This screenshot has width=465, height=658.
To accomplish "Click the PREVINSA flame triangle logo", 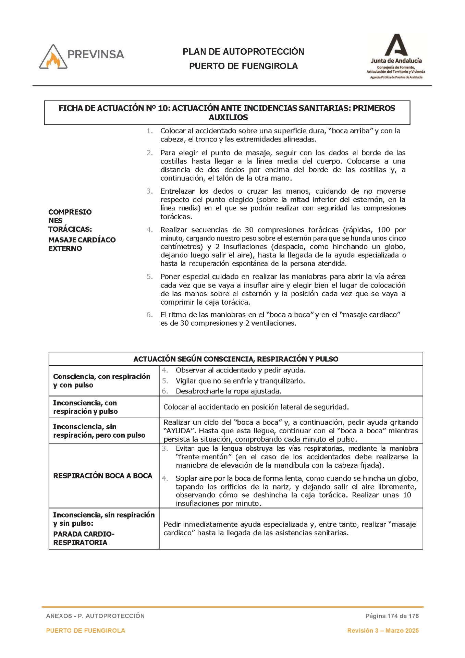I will pyautogui.click(x=53, y=57).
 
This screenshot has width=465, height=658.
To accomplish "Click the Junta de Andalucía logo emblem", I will pyautogui.click(x=396, y=45).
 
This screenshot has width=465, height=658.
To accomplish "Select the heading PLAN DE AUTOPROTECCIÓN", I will pyautogui.click(x=243, y=52).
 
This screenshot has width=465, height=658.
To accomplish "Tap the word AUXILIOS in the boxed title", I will pyautogui.click(x=228, y=118).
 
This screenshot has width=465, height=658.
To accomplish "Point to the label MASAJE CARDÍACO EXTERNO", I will pyautogui.click(x=82, y=244).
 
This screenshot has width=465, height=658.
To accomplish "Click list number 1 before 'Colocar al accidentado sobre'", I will pyautogui.click(x=149, y=131).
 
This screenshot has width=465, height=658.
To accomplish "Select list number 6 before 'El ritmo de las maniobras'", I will pyautogui.click(x=149, y=315).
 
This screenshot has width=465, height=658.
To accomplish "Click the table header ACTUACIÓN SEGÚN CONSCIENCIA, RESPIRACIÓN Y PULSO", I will pyautogui.click(x=236, y=359).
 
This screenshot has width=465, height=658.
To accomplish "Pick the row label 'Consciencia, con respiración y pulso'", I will pyautogui.click(x=102, y=381).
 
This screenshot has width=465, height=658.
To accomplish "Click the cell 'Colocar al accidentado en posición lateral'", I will pyautogui.click(x=256, y=407).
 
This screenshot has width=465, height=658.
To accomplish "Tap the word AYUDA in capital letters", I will pyautogui.click(x=177, y=431).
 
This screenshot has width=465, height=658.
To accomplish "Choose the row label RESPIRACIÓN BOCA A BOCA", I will pyautogui.click(x=102, y=476).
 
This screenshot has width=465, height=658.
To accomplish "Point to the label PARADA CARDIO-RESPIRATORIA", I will pyautogui.click(x=84, y=538).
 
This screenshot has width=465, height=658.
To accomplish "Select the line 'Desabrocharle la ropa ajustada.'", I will pyautogui.click(x=228, y=391).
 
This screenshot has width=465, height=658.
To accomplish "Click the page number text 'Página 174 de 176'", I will pyautogui.click(x=392, y=616).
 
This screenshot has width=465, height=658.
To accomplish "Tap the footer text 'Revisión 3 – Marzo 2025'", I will pyautogui.click(x=383, y=631).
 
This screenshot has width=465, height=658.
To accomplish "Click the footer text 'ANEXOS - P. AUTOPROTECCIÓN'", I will pyautogui.click(x=95, y=616).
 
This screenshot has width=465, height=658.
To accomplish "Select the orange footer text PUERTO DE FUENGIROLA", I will pyautogui.click(x=86, y=631).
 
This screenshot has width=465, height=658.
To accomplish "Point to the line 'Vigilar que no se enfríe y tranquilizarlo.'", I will pyautogui.click(x=240, y=381).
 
